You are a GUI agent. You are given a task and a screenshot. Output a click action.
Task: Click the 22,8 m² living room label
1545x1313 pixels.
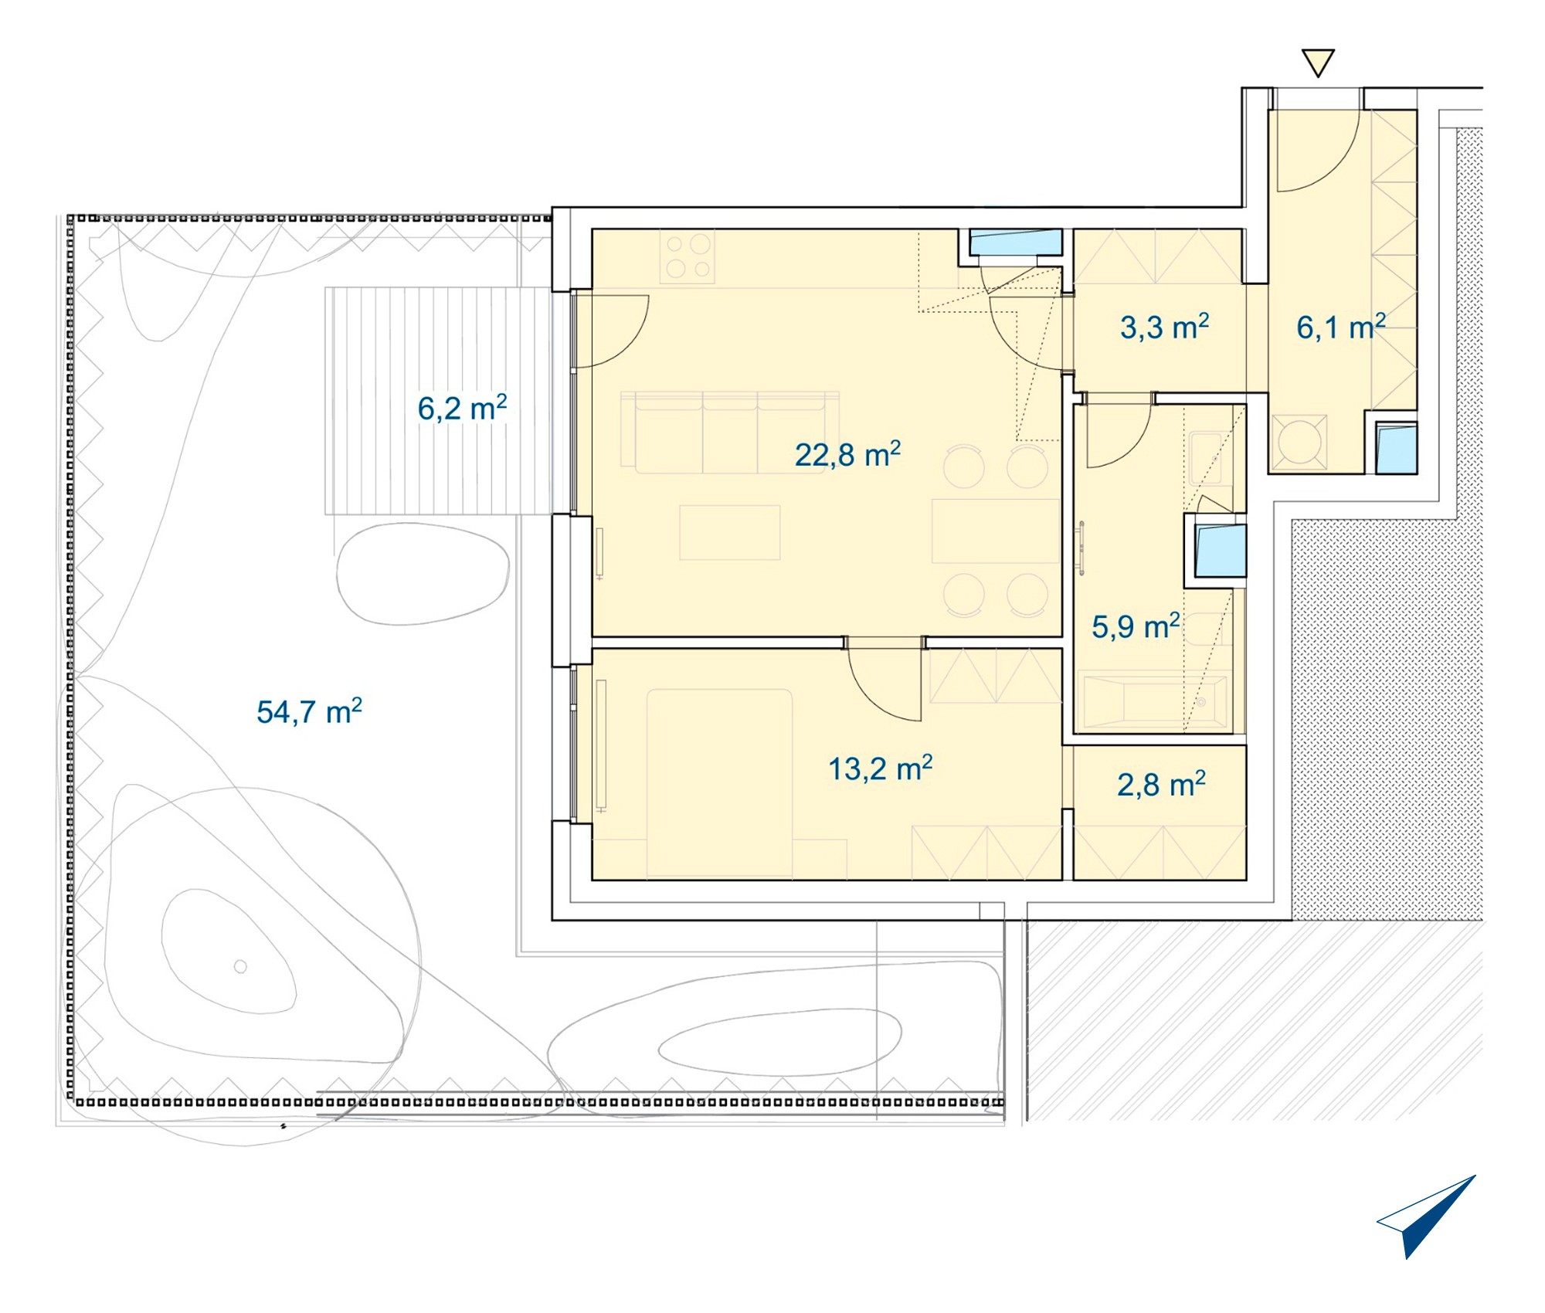847,454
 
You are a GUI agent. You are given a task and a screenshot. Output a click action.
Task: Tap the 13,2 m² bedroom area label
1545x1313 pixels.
880,768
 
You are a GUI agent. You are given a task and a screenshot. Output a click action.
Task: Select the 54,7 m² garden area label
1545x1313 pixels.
309,711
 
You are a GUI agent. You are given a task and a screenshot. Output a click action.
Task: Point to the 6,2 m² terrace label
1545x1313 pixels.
462,408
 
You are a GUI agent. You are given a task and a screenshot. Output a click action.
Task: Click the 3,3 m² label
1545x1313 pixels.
1164,327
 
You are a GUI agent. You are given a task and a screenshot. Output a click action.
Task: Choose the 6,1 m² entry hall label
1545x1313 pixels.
1340,327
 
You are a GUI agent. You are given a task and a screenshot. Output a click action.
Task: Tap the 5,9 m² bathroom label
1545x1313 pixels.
1136,626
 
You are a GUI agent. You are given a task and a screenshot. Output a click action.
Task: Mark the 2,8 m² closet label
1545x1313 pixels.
1161,784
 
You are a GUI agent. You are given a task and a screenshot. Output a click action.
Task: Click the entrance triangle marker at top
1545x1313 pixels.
1318,63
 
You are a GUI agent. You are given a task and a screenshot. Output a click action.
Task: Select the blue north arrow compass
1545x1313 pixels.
1425,1216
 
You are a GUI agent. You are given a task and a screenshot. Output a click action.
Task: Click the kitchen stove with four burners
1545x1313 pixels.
688,256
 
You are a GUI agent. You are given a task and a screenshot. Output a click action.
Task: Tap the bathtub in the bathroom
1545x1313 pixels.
1155,704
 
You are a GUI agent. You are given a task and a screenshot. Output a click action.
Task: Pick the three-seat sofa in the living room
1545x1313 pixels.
729,433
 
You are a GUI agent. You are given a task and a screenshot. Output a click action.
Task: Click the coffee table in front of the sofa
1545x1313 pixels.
730,532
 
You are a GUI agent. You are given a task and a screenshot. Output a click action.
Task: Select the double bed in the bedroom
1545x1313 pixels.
719,782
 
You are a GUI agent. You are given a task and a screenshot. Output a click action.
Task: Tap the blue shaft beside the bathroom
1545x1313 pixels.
1221,551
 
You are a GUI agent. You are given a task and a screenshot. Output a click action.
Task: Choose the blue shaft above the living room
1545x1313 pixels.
1016,242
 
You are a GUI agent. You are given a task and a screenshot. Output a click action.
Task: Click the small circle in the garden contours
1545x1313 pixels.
240,966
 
